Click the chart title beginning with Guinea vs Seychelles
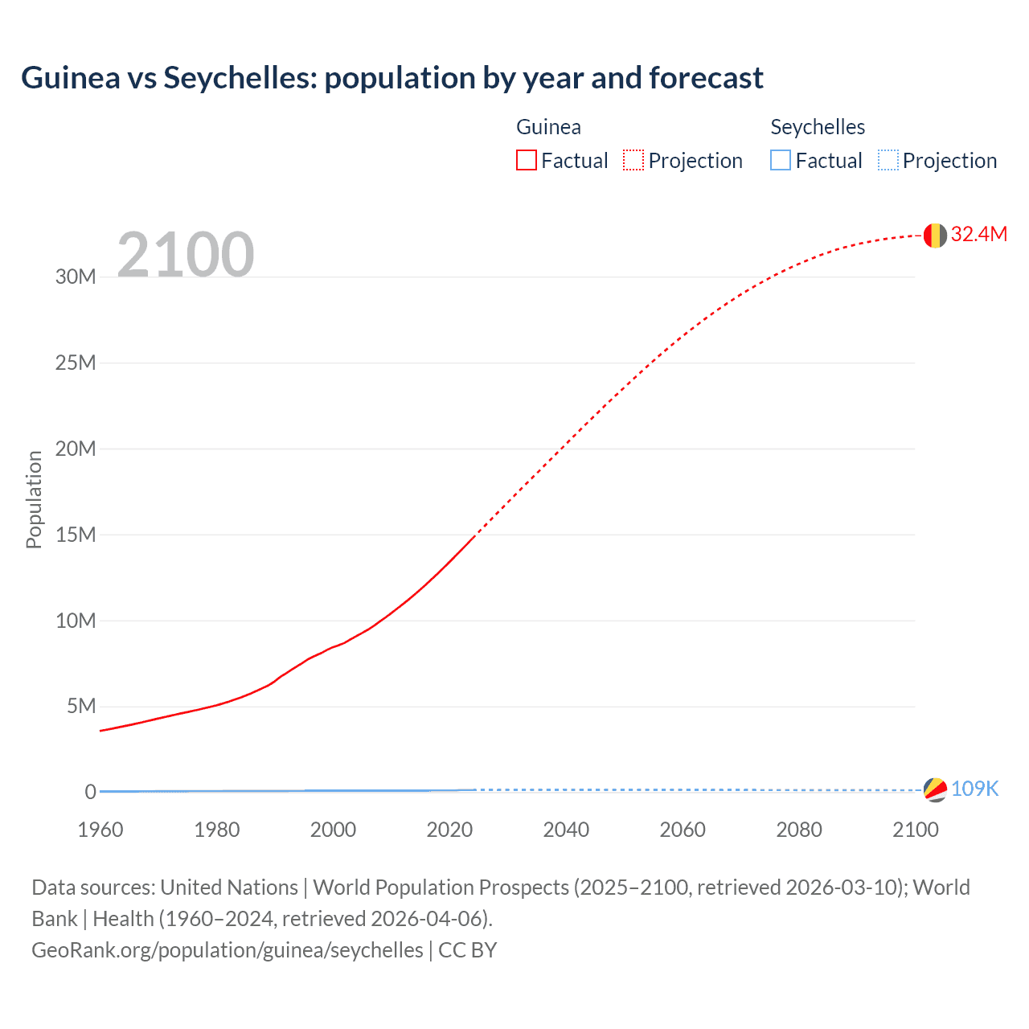click(392, 78)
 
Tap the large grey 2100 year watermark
click(186, 255)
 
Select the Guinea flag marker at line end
click(934, 235)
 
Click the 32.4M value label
click(978, 234)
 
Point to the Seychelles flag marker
click(934, 789)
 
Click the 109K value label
click(974, 789)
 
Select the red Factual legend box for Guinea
click(526, 160)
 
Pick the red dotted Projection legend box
click(633, 160)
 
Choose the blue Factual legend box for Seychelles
click(780, 160)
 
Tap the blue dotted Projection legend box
click(888, 160)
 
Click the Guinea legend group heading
click(548, 127)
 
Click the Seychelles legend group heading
click(818, 127)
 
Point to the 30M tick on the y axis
click(76, 277)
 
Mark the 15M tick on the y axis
click(76, 535)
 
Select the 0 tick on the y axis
click(90, 792)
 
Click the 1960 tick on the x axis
click(100, 830)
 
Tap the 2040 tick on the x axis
click(566, 830)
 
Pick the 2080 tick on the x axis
click(799, 830)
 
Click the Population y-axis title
click(34, 499)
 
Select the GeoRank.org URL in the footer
click(228, 950)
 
